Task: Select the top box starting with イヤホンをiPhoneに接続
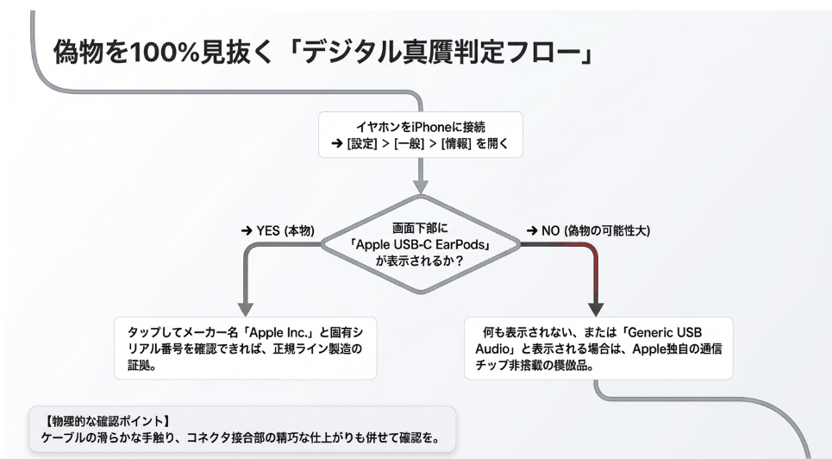420,135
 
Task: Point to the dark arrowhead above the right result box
596,308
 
